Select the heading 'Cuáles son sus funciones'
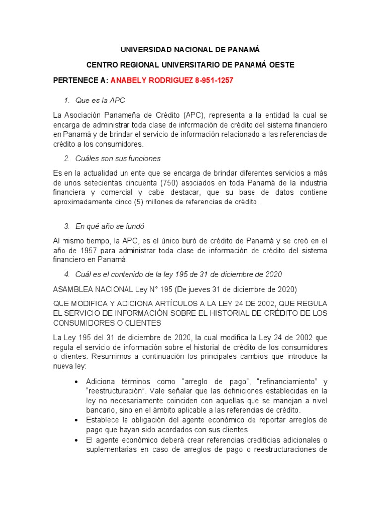(118, 159)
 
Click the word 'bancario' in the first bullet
(101, 410)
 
